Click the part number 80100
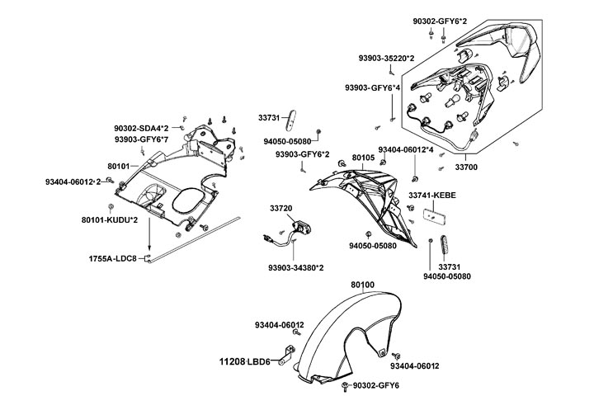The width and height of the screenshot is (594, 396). coord(363,285)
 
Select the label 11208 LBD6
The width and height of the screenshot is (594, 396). coord(244,362)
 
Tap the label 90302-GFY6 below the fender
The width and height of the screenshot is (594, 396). coord(375,386)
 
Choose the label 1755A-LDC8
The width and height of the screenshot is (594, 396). coord(112,258)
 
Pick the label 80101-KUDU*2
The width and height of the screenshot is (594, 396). coord(110,220)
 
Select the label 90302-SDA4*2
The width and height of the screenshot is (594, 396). coord(141,129)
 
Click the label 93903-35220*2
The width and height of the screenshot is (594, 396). coord(386,59)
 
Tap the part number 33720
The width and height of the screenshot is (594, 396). coord(280,208)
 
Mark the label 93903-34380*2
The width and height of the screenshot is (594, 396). coord(296,267)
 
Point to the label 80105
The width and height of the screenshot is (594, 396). coord(363,157)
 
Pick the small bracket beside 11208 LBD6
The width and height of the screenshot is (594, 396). coord(283,358)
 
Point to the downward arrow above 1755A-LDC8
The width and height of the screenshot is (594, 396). coord(149,240)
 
